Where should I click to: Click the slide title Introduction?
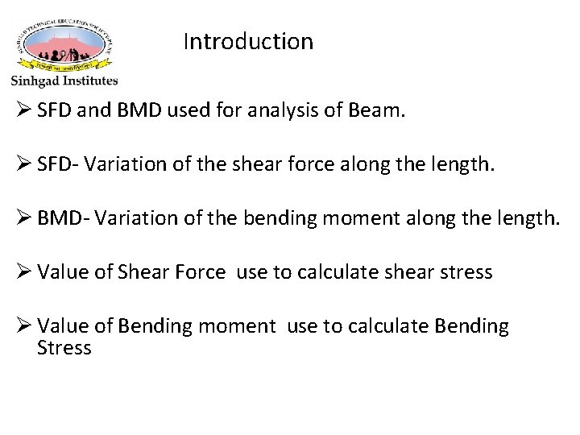coord(247,41)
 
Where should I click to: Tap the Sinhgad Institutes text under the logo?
coord(64,81)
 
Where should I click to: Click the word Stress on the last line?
coord(64,348)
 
